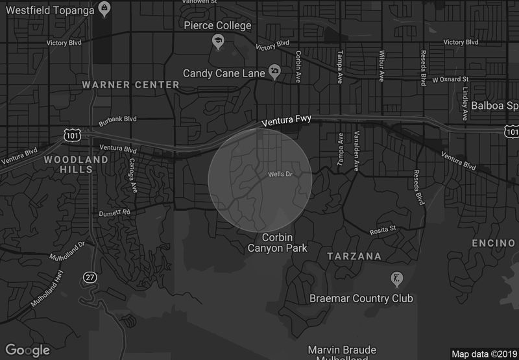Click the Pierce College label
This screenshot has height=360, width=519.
click(x=217, y=26)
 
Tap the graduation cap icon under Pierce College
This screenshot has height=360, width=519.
click(x=219, y=42)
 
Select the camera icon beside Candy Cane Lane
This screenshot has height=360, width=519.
click(x=275, y=73)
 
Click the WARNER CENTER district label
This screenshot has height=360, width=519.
click(x=130, y=85)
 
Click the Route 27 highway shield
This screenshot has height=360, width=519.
click(x=89, y=277)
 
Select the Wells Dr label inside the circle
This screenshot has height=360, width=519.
click(x=280, y=174)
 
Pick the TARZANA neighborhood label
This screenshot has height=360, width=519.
click(x=354, y=256)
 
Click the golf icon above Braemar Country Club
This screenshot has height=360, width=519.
click(x=394, y=280)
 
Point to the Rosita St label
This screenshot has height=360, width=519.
click(x=382, y=229)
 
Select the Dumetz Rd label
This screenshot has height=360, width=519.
click(x=114, y=212)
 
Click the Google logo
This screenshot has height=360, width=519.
click(x=27, y=350)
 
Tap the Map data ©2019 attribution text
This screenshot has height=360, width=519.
click(x=484, y=354)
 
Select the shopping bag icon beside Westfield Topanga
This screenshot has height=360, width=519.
click(x=104, y=8)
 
